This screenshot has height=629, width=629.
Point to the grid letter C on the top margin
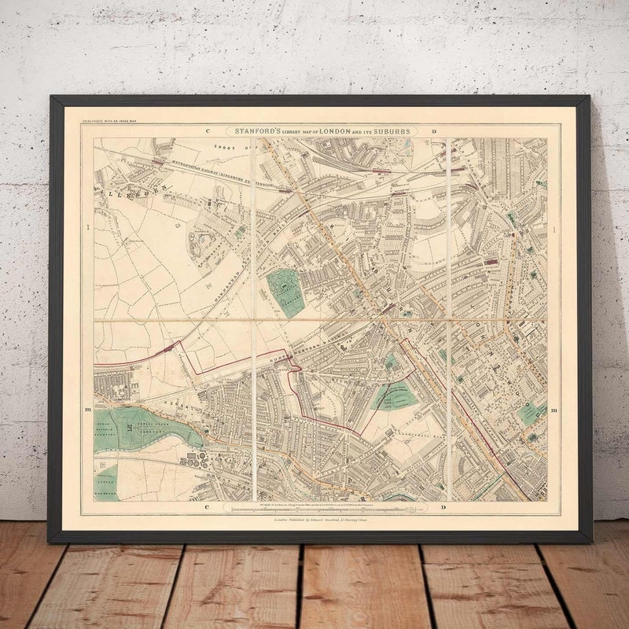[209, 131]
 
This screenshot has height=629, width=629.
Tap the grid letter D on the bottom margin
[446, 508]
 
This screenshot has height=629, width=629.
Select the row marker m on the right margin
[555, 410]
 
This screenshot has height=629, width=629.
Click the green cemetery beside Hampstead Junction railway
[285, 292]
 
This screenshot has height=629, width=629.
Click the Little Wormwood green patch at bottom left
[105, 481]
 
